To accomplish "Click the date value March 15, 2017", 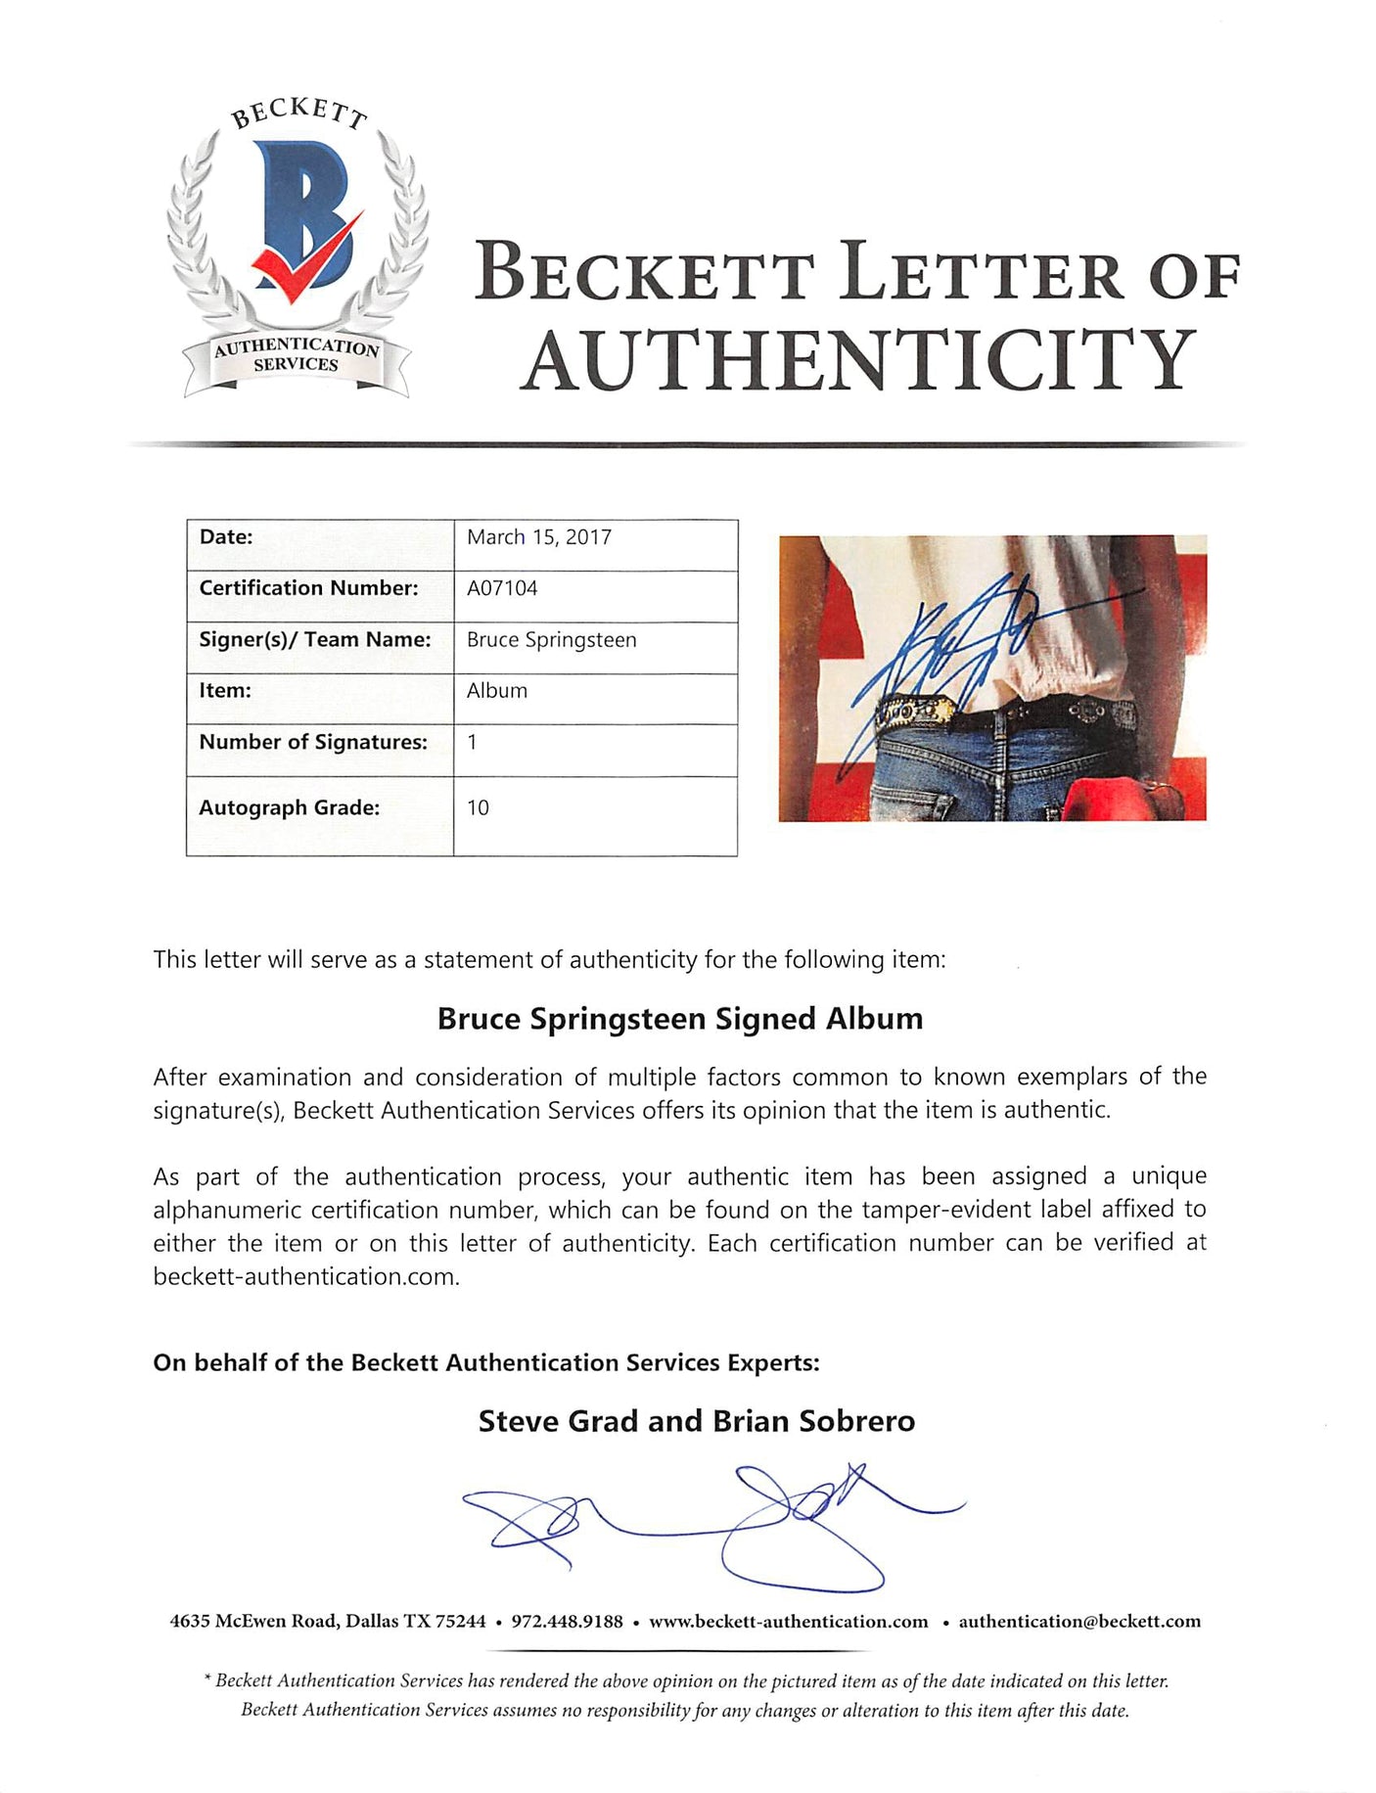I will [539, 537].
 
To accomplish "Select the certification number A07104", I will [502, 588].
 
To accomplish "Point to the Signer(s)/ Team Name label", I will [315, 640].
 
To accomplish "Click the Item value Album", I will [497, 691].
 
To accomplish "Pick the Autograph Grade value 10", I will [478, 808].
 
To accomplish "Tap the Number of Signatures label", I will [313, 743].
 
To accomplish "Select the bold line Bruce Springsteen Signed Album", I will [680, 1019].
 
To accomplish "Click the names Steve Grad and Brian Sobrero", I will [696, 1421].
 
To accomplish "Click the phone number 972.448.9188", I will [567, 1622].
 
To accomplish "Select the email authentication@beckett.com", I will [1079, 1622].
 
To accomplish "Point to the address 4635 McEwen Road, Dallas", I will [328, 1622].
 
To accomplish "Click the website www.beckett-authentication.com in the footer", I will [789, 1622].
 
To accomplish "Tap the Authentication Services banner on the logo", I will [296, 355].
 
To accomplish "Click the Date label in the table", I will [226, 537].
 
